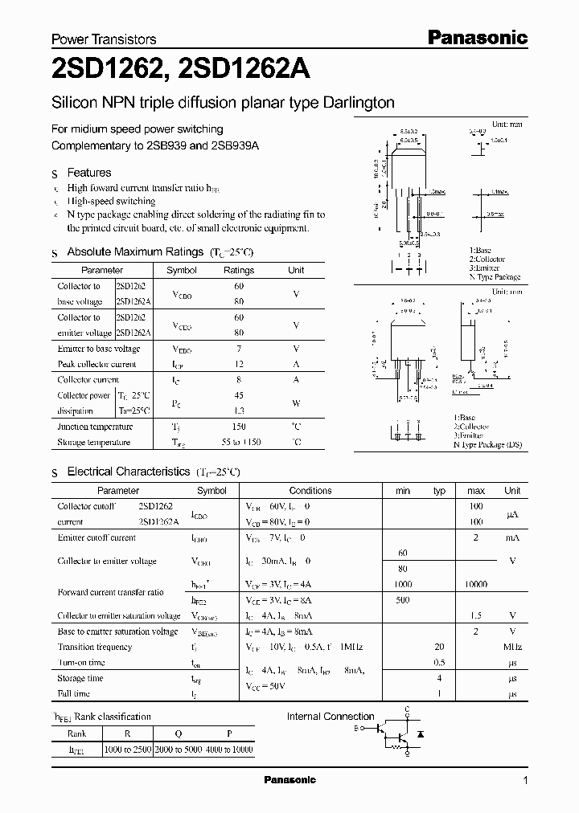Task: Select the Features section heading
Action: point(88,173)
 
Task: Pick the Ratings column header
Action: point(238,271)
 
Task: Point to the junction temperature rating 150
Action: point(238,427)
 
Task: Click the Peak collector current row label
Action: point(96,364)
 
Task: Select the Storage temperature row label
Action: point(93,443)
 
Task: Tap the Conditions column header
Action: point(310,490)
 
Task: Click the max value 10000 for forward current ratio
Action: point(475,584)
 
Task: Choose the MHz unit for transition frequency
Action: point(512,647)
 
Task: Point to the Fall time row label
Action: point(73,693)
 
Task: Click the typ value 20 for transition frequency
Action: point(439,647)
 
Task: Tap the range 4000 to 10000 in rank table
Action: point(229,750)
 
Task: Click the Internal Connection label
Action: point(331,717)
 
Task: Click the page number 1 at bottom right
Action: point(526,780)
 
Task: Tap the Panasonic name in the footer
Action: point(289,780)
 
